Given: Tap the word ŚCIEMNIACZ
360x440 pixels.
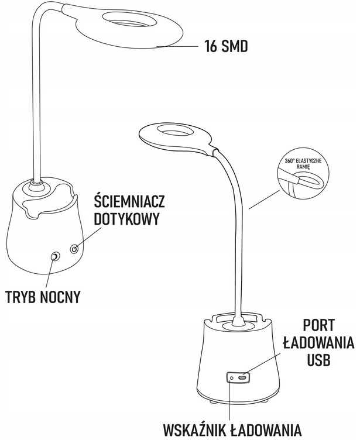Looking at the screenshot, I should pyautogui.click(x=129, y=202).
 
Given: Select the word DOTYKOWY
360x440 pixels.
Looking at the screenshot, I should pyautogui.click(x=126, y=220).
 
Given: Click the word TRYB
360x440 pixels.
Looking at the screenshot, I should pyautogui.click(x=23, y=297).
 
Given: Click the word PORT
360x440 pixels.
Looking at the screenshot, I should pyautogui.click(x=320, y=325).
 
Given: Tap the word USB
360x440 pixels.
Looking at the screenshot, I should pyautogui.click(x=320, y=359).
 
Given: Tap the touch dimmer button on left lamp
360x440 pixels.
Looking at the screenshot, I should pyautogui.click(x=74, y=249).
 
